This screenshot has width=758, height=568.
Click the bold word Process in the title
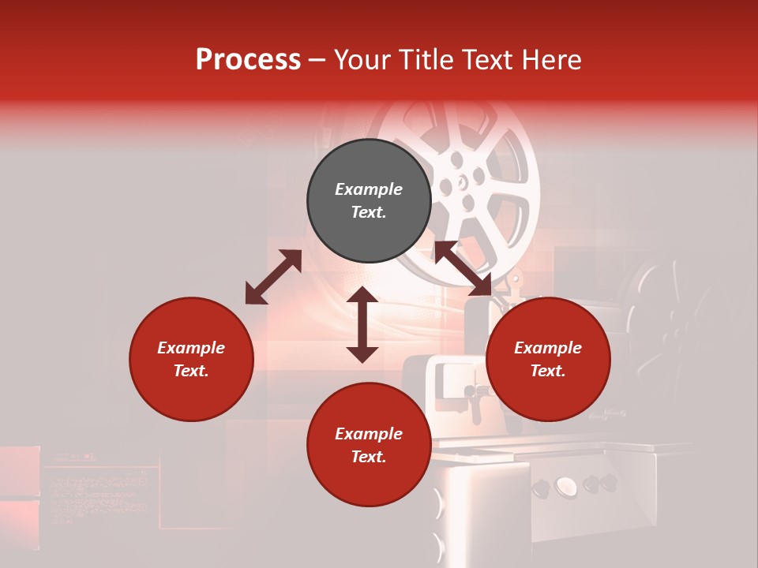[248, 60]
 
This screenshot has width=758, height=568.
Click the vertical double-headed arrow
[362, 324]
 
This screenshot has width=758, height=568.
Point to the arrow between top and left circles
[273, 277]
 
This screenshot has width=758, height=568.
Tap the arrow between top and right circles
[463, 268]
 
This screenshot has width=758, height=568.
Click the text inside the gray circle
[369, 200]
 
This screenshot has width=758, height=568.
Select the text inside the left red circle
[191, 359]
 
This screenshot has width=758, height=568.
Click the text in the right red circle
[548, 359]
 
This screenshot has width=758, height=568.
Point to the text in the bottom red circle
[369, 445]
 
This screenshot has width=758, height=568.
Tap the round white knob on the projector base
[566, 486]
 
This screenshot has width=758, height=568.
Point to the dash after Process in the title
[317, 60]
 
